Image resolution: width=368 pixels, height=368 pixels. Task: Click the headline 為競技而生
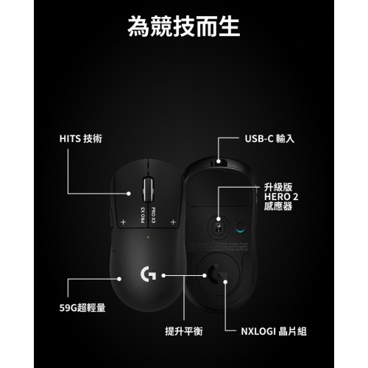click(x=184, y=26)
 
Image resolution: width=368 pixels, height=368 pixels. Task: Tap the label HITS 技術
click(x=80, y=139)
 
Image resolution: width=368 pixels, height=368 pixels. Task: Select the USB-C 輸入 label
click(x=269, y=139)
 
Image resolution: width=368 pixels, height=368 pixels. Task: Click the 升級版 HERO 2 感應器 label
click(x=281, y=197)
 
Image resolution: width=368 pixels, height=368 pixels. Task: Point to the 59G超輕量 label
click(x=82, y=308)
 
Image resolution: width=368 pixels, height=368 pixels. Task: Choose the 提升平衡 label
click(x=184, y=331)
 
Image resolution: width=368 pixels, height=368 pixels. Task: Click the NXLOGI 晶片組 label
click(x=274, y=331)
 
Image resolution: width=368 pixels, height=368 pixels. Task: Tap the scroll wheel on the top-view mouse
click(x=147, y=189)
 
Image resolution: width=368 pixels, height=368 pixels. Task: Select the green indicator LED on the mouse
click(x=148, y=237)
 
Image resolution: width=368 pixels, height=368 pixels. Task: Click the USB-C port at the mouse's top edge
click(x=219, y=161)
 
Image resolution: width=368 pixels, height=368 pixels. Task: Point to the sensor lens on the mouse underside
click(x=218, y=227)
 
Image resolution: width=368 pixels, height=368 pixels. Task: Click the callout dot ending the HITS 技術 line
click(x=129, y=194)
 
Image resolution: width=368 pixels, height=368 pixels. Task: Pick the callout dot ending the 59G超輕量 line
click(x=119, y=279)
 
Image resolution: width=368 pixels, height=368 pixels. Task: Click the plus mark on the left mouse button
click(x=123, y=222)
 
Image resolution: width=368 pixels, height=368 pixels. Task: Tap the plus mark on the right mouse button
click(x=173, y=222)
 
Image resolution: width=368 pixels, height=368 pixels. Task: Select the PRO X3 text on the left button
click(x=143, y=215)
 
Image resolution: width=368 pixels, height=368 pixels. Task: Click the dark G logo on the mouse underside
click(x=217, y=274)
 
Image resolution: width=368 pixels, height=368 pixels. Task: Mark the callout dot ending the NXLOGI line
click(x=225, y=282)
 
